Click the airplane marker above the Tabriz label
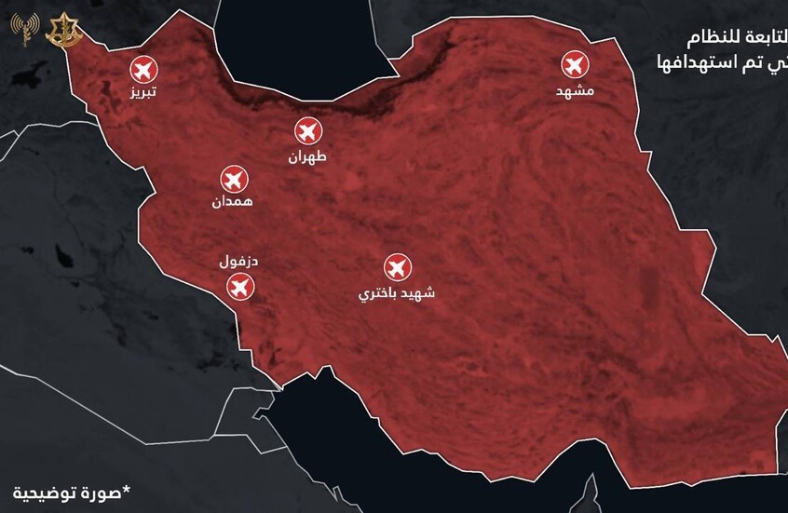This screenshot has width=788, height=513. click(x=143, y=69)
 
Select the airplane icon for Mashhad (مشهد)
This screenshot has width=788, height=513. click(x=575, y=65)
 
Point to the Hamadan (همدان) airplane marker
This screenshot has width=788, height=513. click(x=233, y=177)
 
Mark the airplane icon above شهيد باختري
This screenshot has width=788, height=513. click(x=398, y=268)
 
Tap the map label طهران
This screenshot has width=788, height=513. click(x=309, y=158)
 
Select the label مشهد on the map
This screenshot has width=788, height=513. click(x=575, y=92)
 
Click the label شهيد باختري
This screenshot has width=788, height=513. click(x=398, y=294)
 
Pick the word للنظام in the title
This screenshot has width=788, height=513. click(x=756, y=40)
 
